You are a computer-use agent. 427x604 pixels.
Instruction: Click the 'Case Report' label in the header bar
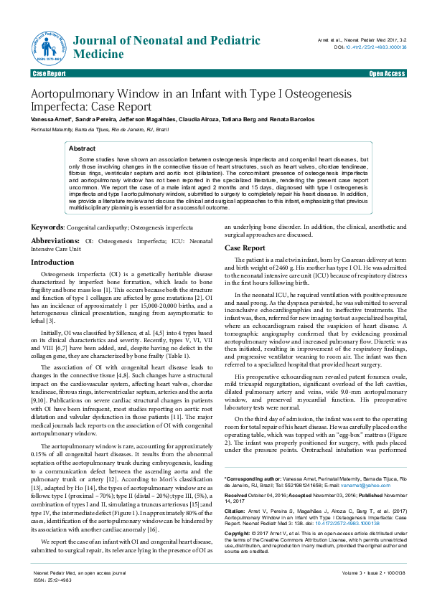[x=49, y=74]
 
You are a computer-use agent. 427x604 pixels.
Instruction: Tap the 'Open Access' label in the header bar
[x=387, y=74]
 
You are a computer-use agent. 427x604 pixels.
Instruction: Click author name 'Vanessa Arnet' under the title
[x=46, y=118]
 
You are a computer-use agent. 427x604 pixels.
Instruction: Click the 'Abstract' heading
[x=82, y=148]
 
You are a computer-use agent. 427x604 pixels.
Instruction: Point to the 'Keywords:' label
[x=47, y=227]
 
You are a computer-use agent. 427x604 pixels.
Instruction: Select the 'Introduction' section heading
[x=52, y=263]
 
